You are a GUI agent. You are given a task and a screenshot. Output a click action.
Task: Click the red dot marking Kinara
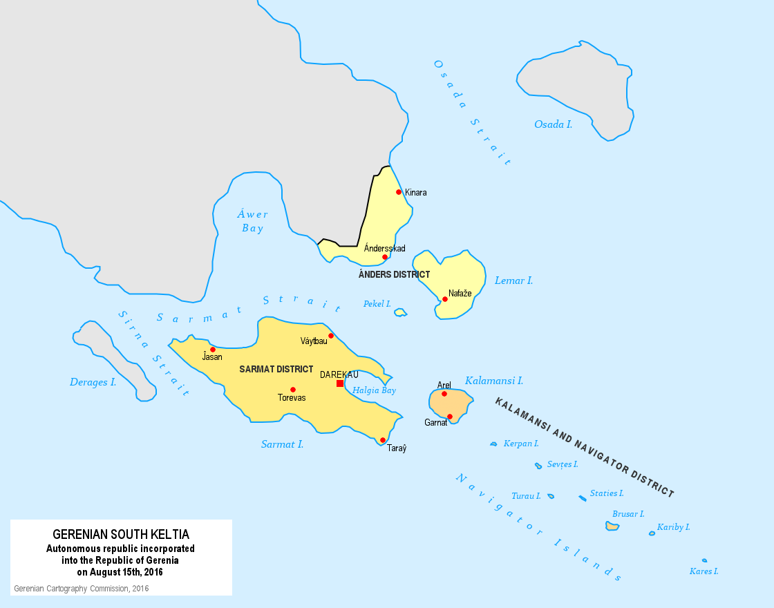point(399,192)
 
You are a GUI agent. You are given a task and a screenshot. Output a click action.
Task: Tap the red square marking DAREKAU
point(340,383)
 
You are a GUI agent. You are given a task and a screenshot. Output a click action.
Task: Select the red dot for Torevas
point(293,390)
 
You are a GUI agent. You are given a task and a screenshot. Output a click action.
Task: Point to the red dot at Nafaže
point(445,299)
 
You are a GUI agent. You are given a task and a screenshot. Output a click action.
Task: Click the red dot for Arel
point(444,394)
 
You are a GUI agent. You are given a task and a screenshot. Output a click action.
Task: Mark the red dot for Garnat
point(450,417)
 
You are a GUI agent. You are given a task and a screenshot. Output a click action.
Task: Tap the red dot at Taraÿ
point(383,440)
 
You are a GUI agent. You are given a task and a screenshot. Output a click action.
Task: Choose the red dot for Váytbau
point(331,336)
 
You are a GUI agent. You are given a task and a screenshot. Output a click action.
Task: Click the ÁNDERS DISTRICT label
point(394,275)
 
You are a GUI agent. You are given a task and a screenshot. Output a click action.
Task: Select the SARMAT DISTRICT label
point(276,370)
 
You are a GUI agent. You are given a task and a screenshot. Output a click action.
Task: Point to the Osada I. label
point(553,124)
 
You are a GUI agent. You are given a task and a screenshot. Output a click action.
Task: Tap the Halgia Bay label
point(374,390)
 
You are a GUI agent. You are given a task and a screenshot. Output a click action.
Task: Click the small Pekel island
point(400,313)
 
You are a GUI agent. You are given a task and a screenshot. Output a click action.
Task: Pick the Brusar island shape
point(612,526)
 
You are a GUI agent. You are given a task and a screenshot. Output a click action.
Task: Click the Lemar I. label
point(513,281)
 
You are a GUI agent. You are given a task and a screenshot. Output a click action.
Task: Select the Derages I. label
point(93,382)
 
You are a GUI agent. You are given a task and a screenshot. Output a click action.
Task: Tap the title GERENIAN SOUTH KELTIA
point(121,535)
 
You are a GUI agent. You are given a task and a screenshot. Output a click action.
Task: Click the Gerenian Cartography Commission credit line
point(82,589)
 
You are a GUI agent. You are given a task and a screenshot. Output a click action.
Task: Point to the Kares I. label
point(704,571)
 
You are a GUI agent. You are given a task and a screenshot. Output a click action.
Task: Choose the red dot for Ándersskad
point(385,257)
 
